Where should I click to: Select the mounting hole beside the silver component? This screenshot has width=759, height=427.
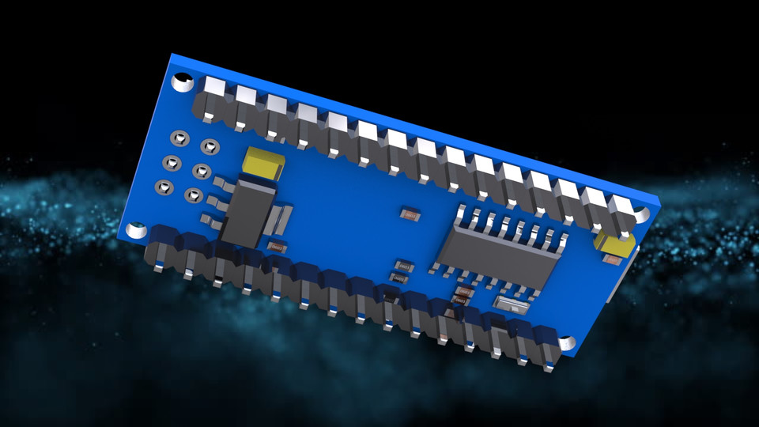[x=566, y=344]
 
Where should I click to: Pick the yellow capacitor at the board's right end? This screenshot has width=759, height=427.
[x=615, y=245]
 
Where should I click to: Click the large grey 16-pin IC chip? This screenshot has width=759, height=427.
[x=499, y=252]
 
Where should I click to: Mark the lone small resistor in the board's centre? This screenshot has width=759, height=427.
[x=410, y=214]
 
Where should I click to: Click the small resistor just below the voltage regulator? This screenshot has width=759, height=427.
[x=276, y=248]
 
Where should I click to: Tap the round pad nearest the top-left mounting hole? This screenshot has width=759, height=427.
[x=180, y=139]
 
